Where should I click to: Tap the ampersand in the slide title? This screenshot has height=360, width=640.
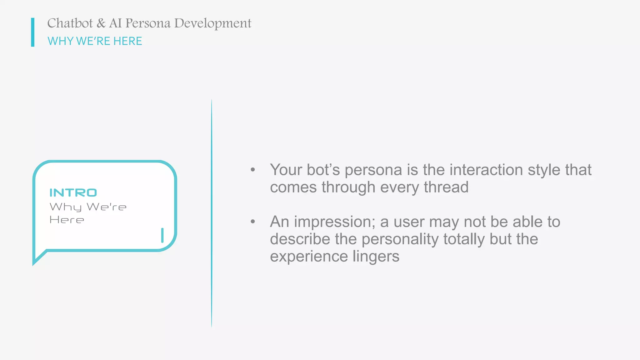click(101, 23)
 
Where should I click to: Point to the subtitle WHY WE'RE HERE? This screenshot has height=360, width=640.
click(95, 41)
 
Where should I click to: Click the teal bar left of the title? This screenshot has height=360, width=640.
click(33, 32)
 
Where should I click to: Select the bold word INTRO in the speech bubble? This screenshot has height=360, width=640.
click(73, 193)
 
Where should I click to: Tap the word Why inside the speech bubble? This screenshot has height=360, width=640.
click(66, 207)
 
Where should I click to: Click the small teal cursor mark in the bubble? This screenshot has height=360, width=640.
click(162, 235)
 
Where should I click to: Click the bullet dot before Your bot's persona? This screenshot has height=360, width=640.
click(253, 170)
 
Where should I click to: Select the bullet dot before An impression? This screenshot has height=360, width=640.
click(253, 222)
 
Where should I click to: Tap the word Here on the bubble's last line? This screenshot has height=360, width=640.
click(67, 220)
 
